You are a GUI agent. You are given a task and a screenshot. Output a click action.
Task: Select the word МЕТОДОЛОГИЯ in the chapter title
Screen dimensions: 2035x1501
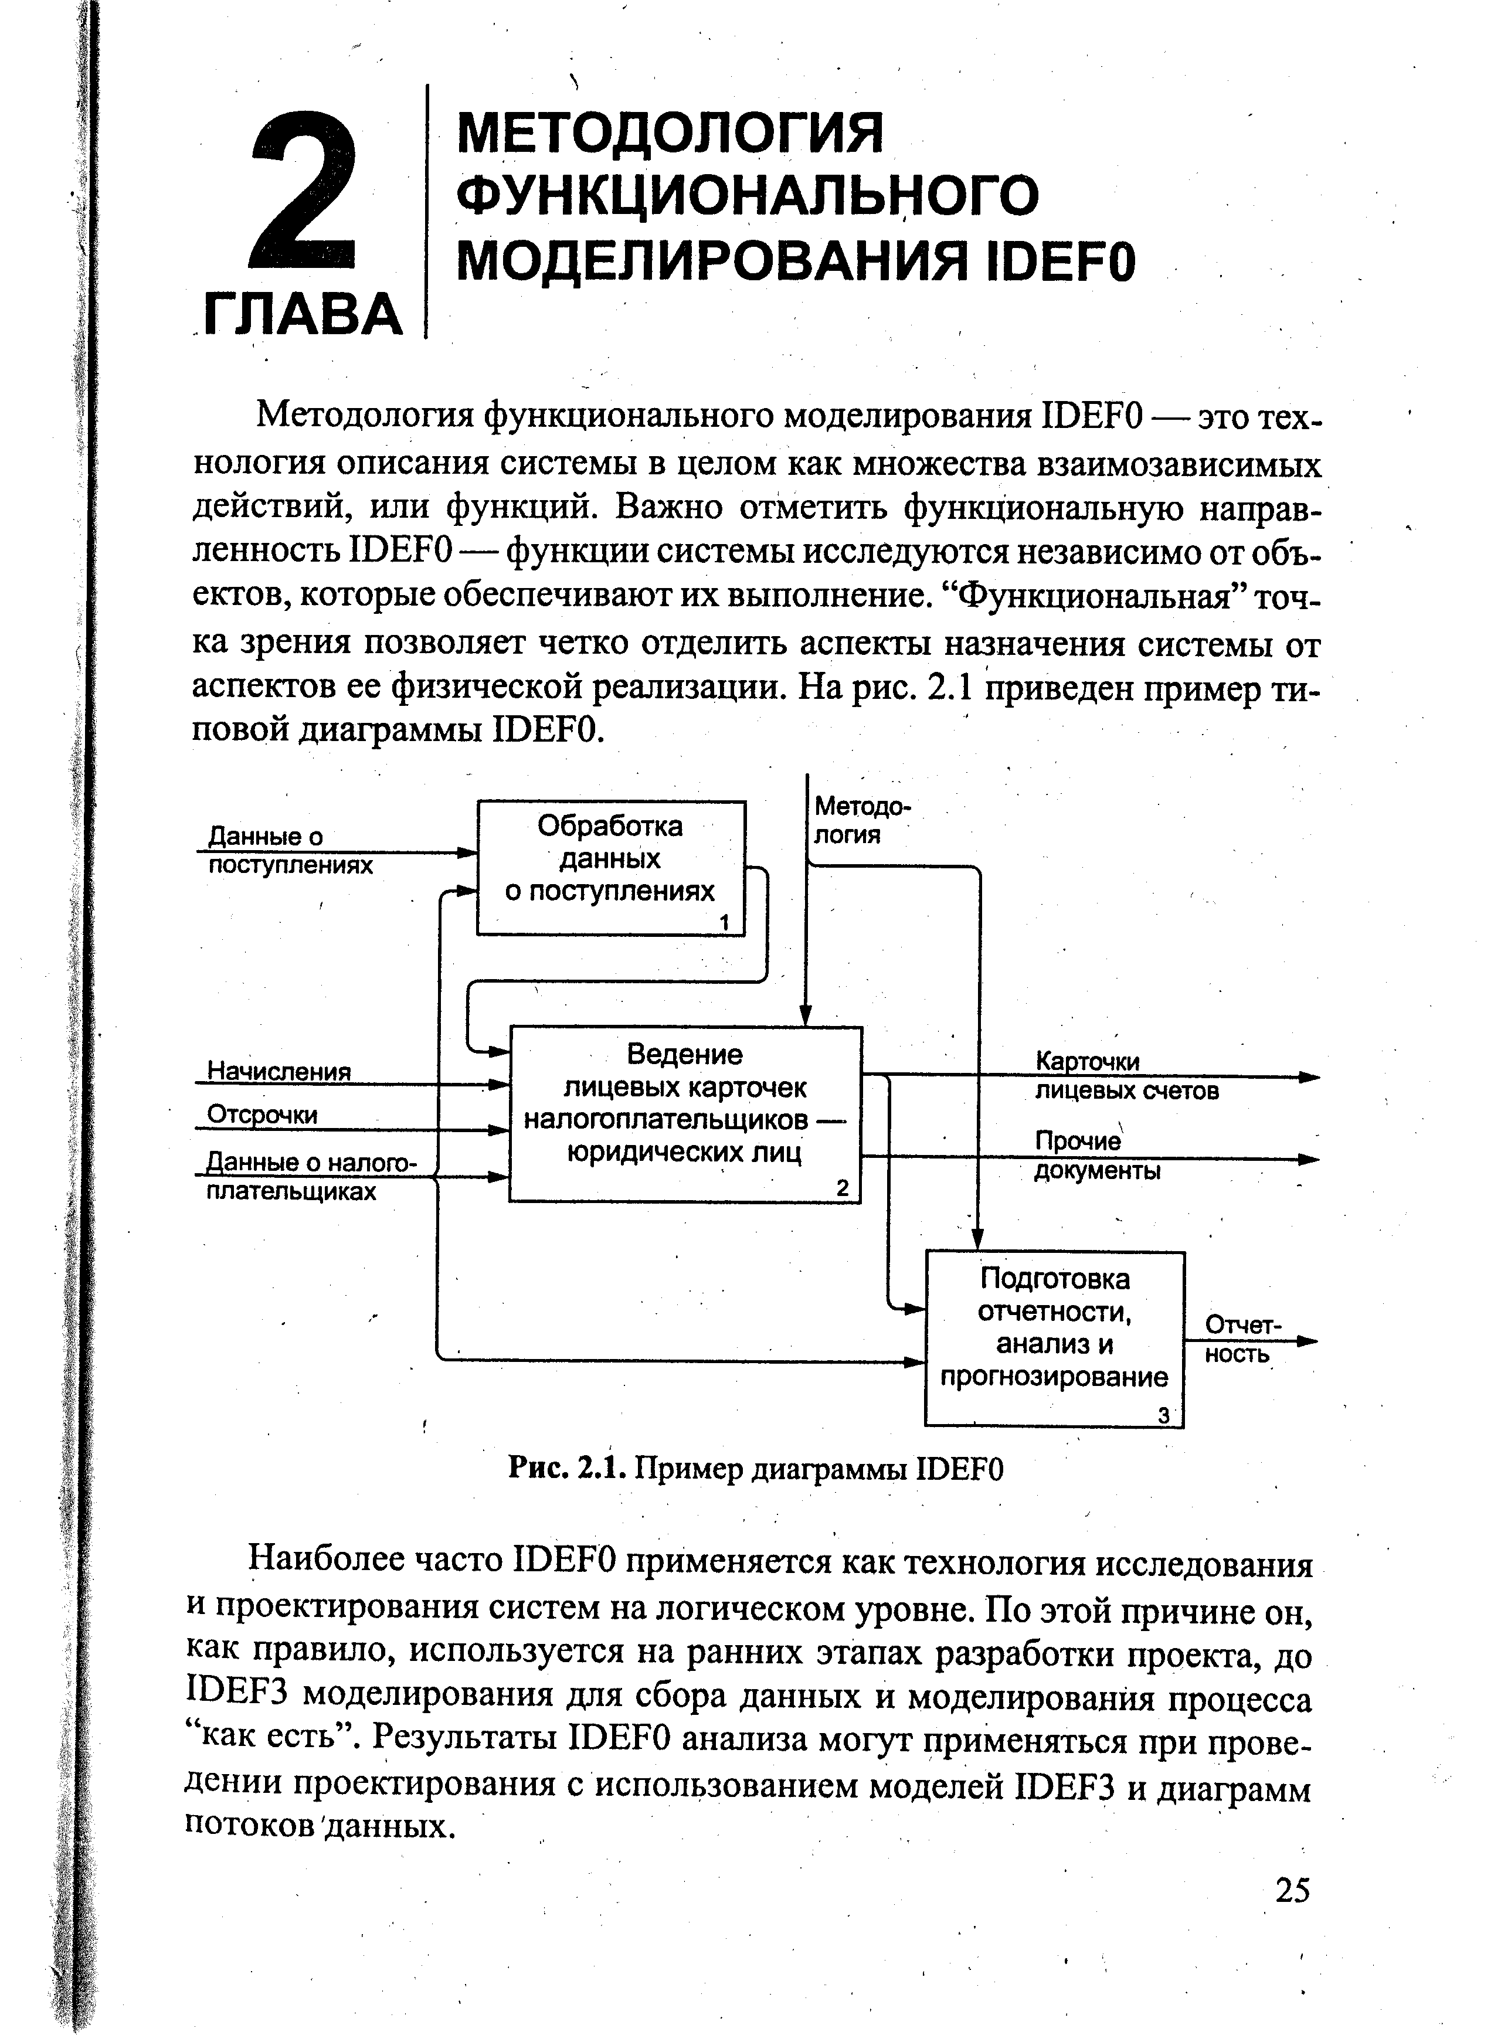pos(669,133)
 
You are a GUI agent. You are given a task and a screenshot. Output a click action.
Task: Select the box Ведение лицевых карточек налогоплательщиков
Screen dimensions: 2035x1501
pos(685,1113)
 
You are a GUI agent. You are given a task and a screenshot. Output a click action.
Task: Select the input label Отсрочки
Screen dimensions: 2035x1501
pos(262,1114)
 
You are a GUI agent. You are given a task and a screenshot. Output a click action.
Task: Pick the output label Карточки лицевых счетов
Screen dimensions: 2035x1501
pos(1127,1076)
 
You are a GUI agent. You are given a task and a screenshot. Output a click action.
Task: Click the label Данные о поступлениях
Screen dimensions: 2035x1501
pos(290,850)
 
